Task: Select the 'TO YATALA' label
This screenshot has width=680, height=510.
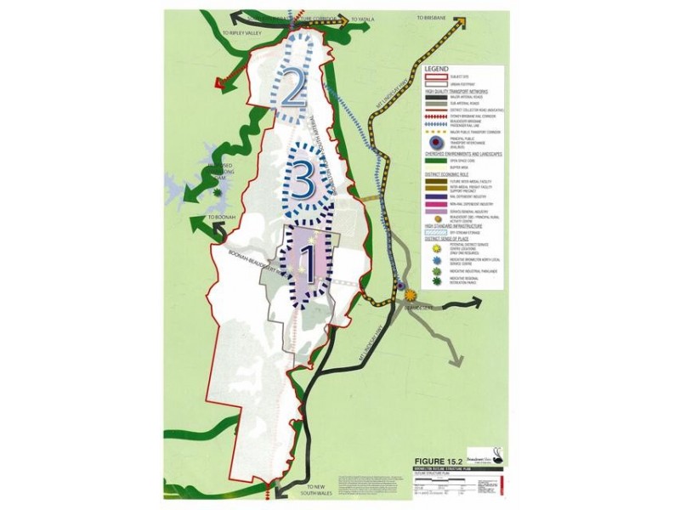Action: (363, 18)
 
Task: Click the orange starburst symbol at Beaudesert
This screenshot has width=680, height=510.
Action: (411, 295)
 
